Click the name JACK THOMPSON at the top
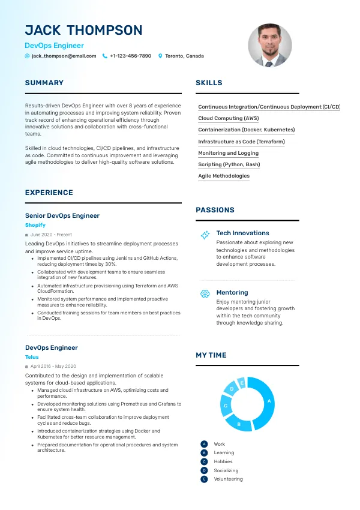[84, 31]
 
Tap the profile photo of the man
[269, 46]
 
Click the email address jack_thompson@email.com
[64, 56]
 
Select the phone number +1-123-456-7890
[130, 56]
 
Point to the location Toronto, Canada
[184, 56]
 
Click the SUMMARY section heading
[44, 83]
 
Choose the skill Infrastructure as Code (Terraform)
[241, 142]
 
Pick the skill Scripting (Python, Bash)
[229, 164]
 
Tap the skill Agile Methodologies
[224, 176]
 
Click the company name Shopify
[35, 225]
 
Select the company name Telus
[32, 357]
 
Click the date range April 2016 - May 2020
[53, 366]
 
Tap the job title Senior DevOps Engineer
[62, 215]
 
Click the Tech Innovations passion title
[242, 233]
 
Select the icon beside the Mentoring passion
[205, 293]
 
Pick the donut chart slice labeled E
[242, 382]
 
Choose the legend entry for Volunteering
[228, 479]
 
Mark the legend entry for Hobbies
[223, 461]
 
